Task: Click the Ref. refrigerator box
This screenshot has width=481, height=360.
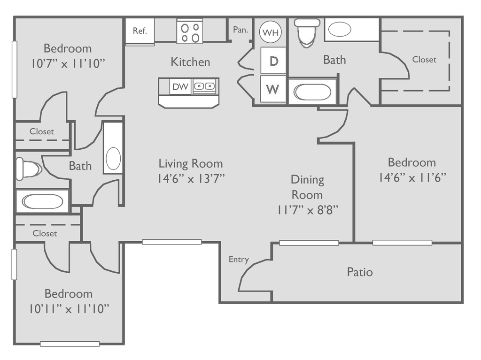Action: point(140,31)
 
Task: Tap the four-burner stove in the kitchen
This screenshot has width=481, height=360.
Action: point(190,32)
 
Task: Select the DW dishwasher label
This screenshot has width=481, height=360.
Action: point(180,87)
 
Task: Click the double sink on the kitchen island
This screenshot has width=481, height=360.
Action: point(204,86)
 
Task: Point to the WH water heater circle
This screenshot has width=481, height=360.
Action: point(271,32)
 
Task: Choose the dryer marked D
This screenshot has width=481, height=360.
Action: point(273,61)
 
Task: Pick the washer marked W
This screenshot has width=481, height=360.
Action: point(273,89)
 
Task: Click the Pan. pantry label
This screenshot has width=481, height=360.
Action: point(240,30)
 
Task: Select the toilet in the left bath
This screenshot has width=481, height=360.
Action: point(29,169)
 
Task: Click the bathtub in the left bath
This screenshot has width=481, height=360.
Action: point(42,201)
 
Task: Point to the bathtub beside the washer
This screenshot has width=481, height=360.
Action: point(312,92)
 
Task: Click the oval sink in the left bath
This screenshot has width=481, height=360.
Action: point(113,159)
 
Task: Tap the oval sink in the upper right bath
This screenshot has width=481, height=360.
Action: point(340,30)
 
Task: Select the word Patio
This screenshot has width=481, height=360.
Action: point(360,272)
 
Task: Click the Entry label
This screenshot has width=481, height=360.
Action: point(239,260)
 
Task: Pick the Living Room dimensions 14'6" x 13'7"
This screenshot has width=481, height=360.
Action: point(191,178)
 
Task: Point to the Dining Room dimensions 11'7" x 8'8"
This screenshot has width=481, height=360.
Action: point(308,210)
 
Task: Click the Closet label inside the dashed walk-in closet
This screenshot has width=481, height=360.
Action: point(424,60)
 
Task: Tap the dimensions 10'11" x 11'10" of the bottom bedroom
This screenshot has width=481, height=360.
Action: point(69,309)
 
